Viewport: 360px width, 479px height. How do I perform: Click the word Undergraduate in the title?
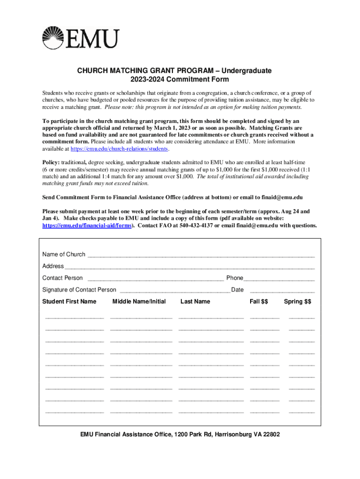coord(246,71)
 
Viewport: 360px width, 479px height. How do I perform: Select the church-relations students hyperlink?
coord(119,149)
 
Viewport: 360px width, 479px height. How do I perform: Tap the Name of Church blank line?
coord(201,255)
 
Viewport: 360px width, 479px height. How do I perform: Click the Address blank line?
coord(189,267)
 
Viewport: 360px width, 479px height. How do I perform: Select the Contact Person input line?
coord(154,279)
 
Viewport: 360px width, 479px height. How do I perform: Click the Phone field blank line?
coord(279,279)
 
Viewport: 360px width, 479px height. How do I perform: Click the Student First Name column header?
coord(69,302)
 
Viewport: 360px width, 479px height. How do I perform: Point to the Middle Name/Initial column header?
coord(139,302)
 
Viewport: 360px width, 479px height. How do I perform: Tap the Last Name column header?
coord(195,302)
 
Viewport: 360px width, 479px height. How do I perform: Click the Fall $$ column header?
coord(259,302)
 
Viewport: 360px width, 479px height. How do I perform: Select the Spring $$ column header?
coord(297,302)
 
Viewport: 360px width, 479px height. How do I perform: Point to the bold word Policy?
coord(52,162)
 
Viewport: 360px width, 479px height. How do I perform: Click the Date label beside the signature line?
coord(238,290)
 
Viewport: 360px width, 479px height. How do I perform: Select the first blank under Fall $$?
coord(265,318)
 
